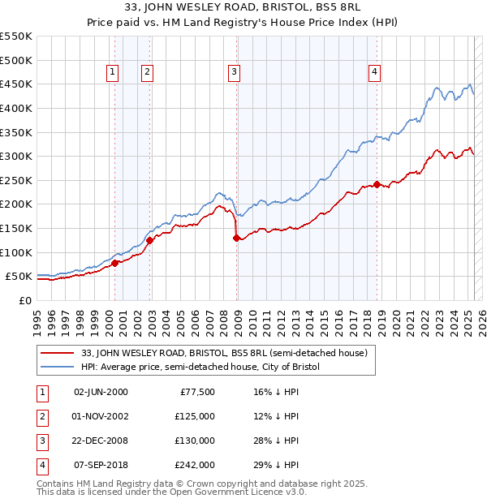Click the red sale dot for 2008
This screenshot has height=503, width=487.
[236, 238]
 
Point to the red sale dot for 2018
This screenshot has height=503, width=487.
[377, 184]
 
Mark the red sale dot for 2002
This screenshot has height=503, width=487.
[149, 240]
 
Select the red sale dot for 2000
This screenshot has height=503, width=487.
[114, 263]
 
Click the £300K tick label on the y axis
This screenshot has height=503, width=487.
[16, 156]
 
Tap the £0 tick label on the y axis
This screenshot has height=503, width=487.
[26, 300]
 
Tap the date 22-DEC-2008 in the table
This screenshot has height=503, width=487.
[101, 441]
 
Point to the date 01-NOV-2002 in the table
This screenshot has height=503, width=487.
[101, 417]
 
